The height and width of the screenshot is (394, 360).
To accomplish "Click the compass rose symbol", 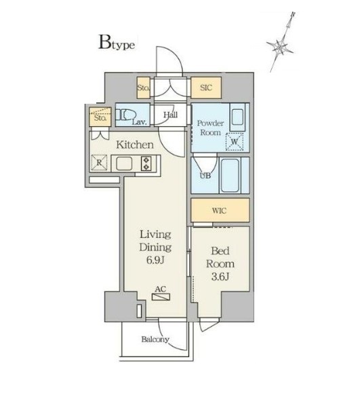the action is click(281, 45).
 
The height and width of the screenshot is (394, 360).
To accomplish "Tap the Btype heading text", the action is click(117, 42).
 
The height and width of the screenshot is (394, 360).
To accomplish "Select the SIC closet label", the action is click(206, 87).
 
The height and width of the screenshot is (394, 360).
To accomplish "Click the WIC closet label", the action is click(219, 211).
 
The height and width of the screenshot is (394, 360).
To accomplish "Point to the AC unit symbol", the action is click(161, 297).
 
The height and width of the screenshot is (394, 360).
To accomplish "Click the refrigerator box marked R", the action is click(99, 163).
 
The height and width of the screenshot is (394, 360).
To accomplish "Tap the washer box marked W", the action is click(235, 142).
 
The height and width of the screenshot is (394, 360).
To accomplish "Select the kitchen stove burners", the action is click(146, 163).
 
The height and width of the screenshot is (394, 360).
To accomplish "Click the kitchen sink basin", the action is click(124, 163).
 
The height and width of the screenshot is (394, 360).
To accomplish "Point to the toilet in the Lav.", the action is click(125, 115).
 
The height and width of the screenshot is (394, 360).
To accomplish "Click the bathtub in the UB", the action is click(230, 175).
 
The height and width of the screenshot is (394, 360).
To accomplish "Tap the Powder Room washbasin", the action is click(237, 117).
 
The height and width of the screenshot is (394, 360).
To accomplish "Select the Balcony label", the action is click(155, 340).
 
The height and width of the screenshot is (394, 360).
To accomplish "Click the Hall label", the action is click(171, 115).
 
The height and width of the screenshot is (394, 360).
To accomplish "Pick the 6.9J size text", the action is click(155, 260).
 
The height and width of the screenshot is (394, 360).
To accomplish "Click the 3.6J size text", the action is click(220, 277).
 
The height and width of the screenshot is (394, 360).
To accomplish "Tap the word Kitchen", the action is click(135, 144).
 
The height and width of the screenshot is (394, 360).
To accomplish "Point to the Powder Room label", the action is click(210, 127).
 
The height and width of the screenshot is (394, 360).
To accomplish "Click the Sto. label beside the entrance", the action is click(143, 87).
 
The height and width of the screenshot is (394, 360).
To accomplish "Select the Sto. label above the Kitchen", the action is click(100, 117).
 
